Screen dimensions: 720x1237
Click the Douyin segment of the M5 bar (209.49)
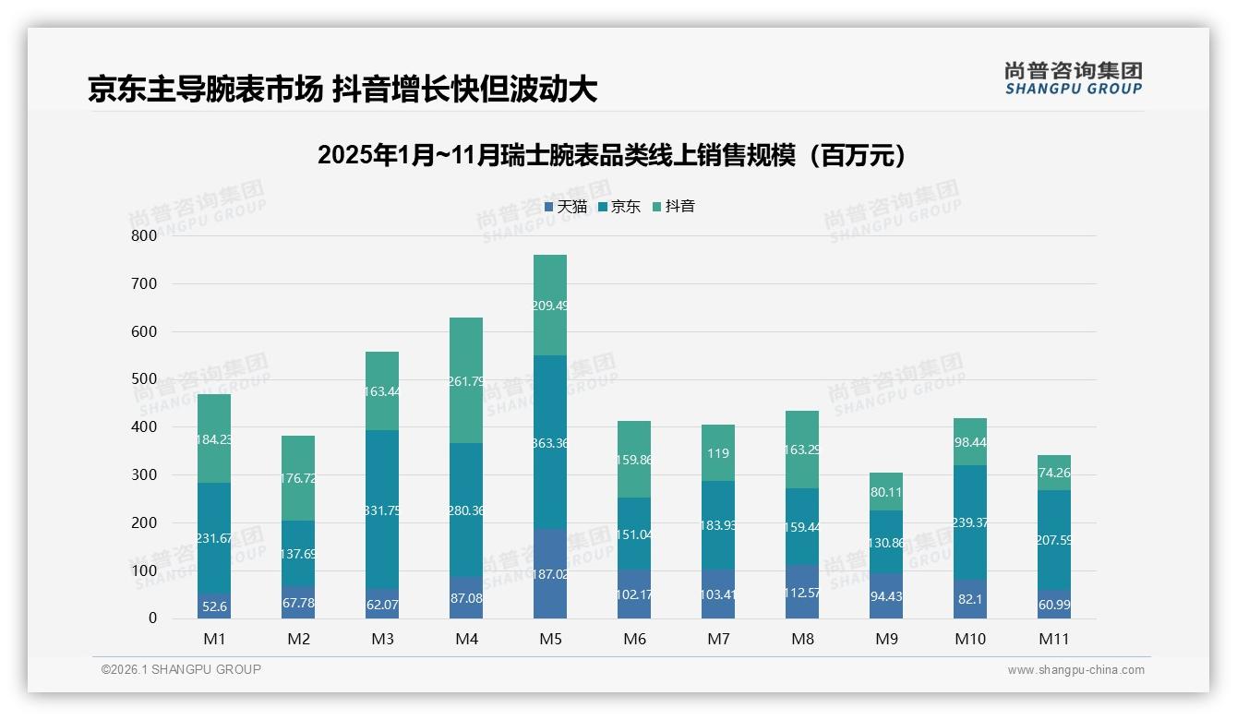click(x=550, y=305)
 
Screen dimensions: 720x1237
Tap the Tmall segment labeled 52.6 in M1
click(x=215, y=606)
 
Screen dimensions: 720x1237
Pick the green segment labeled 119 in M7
click(x=718, y=453)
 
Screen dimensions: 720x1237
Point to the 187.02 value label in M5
click(x=550, y=573)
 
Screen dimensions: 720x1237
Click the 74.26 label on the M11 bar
click(x=1055, y=473)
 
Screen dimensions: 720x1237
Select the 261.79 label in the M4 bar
click(x=466, y=380)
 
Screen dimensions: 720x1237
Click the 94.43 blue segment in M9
click(x=886, y=596)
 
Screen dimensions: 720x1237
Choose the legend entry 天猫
click(x=566, y=207)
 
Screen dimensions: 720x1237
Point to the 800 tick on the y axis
click(x=144, y=235)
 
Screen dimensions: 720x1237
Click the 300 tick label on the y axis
click(x=144, y=474)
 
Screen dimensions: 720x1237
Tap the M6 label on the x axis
click(x=634, y=639)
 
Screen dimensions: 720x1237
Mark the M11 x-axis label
click(x=1054, y=639)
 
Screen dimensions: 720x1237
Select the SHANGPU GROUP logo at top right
click(x=1073, y=78)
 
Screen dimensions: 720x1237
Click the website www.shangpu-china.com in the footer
click(x=1075, y=670)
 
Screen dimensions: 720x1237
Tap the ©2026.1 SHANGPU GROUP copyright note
click(x=181, y=669)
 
